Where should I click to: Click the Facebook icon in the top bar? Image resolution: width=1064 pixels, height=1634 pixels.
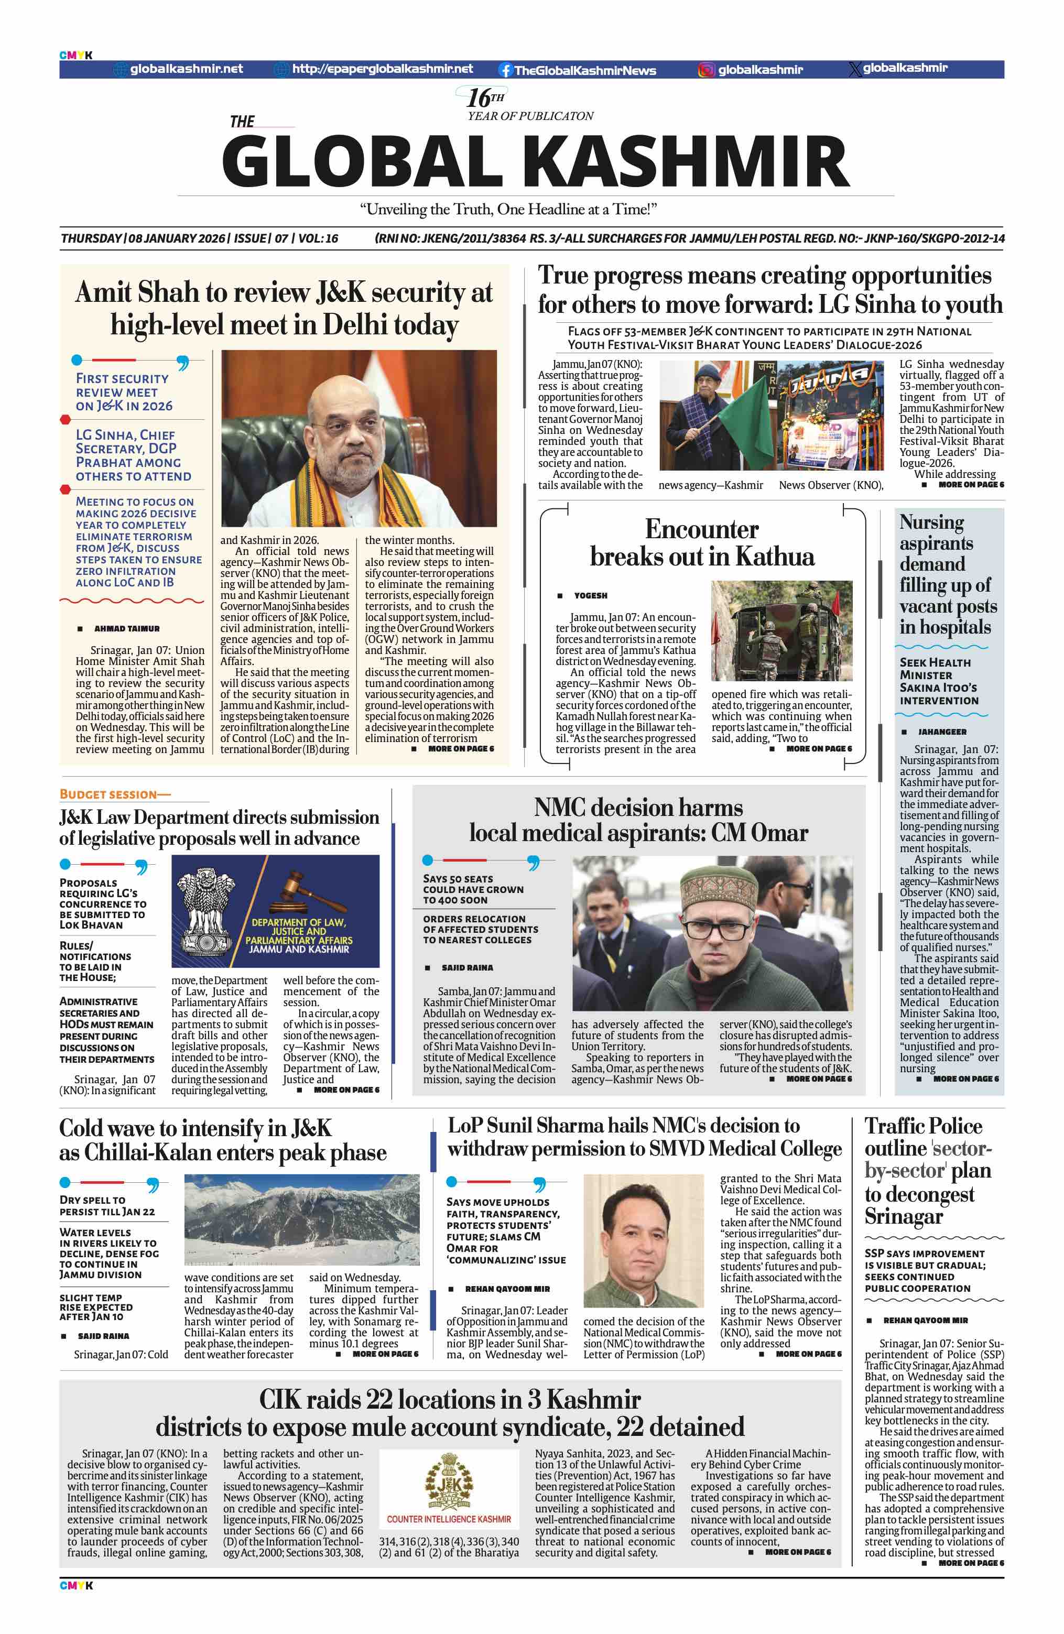pos(505,69)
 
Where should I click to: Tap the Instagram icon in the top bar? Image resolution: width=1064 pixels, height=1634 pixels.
pos(705,69)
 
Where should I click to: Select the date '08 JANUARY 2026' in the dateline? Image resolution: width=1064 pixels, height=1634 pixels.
pos(177,238)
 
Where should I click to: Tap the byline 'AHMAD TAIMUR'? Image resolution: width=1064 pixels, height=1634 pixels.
pos(126,628)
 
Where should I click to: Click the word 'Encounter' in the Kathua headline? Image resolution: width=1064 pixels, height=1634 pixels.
pos(701,529)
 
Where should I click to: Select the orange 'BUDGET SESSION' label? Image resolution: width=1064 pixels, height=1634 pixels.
pos(115,794)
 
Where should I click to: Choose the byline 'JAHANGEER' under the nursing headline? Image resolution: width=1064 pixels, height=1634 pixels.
pos(942,732)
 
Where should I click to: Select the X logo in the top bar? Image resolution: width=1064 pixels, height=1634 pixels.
pos(855,69)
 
